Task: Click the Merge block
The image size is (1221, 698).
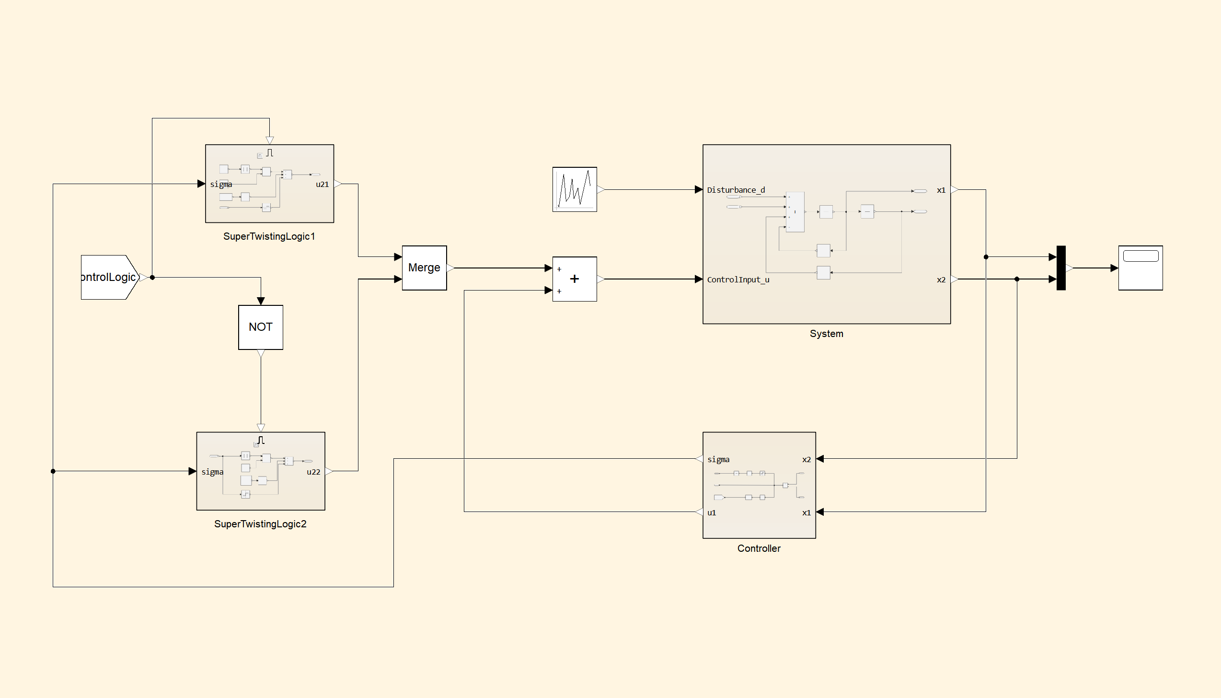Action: coord(424,268)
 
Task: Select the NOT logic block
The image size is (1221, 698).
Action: coord(261,327)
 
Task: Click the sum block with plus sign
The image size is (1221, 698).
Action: coord(575,279)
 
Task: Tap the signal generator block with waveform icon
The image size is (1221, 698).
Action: coord(575,189)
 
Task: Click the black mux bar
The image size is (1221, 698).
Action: coord(1061,268)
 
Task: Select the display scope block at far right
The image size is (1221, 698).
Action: coord(1140,268)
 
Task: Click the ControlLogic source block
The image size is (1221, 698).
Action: coord(110,277)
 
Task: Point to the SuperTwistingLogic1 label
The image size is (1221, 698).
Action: coord(269,236)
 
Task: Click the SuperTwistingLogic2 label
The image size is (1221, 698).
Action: coord(260,524)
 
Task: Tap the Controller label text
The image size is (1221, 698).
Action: coord(759,548)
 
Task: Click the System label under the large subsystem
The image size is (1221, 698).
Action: coord(827,334)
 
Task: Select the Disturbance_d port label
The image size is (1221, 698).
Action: coord(736,190)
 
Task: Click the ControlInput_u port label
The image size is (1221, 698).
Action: coord(738,279)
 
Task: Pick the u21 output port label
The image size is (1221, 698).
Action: coord(322,184)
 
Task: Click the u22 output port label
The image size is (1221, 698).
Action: coord(313,472)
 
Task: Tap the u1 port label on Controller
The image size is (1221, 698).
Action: coord(712,512)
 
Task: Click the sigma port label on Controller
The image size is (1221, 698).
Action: coord(718,459)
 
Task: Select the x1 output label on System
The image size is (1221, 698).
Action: coord(941,190)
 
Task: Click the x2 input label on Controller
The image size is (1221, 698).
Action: coord(806,459)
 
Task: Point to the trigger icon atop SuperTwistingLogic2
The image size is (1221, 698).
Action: coord(261,440)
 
